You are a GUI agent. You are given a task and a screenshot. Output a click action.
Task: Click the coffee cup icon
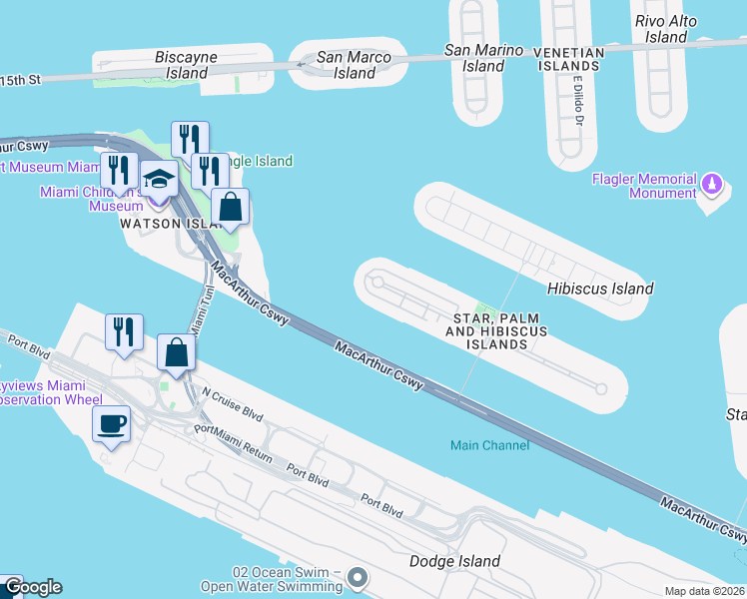click(x=111, y=424)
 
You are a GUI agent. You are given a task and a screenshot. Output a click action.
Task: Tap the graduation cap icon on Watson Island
click(x=159, y=180)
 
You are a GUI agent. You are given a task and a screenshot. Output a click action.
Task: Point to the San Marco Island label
click(x=356, y=65)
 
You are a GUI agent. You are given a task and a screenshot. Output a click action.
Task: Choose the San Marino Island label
click(x=484, y=58)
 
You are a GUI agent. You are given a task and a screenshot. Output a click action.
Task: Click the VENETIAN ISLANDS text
click(x=569, y=59)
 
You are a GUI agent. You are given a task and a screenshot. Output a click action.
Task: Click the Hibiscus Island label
click(x=600, y=288)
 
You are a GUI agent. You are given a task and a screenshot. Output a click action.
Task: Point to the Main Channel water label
click(x=489, y=445)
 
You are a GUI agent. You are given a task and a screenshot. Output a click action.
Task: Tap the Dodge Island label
click(x=454, y=561)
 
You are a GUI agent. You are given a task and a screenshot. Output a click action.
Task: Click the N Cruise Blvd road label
click(x=232, y=402)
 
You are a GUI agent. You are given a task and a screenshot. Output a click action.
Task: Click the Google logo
click(x=32, y=587)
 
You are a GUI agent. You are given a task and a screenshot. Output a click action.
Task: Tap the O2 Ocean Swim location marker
click(x=360, y=577)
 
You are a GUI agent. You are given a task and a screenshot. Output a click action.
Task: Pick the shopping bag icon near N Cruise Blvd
click(x=177, y=354)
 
